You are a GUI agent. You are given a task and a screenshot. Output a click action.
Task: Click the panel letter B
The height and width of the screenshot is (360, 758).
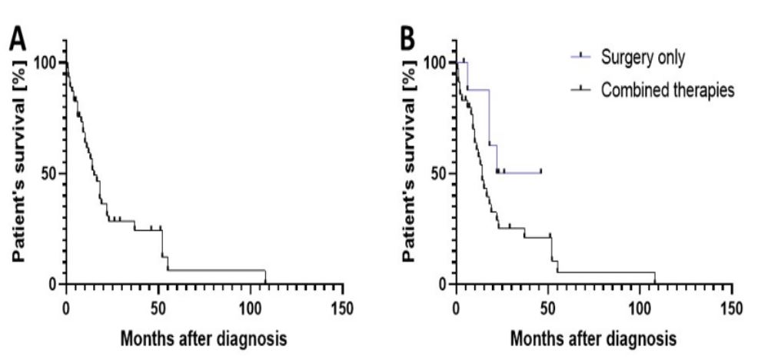407,38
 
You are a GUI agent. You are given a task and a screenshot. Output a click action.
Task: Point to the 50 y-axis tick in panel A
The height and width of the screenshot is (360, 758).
48,173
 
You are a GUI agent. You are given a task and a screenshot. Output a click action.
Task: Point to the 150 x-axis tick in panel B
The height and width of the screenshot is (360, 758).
732,308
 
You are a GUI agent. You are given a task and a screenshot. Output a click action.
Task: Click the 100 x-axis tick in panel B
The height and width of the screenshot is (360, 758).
640,308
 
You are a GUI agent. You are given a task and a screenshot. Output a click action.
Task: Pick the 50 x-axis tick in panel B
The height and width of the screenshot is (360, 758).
548,308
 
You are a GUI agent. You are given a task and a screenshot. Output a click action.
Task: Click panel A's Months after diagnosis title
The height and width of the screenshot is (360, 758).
204,338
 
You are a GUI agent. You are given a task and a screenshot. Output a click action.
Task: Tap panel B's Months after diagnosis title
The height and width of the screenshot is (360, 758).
593,338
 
